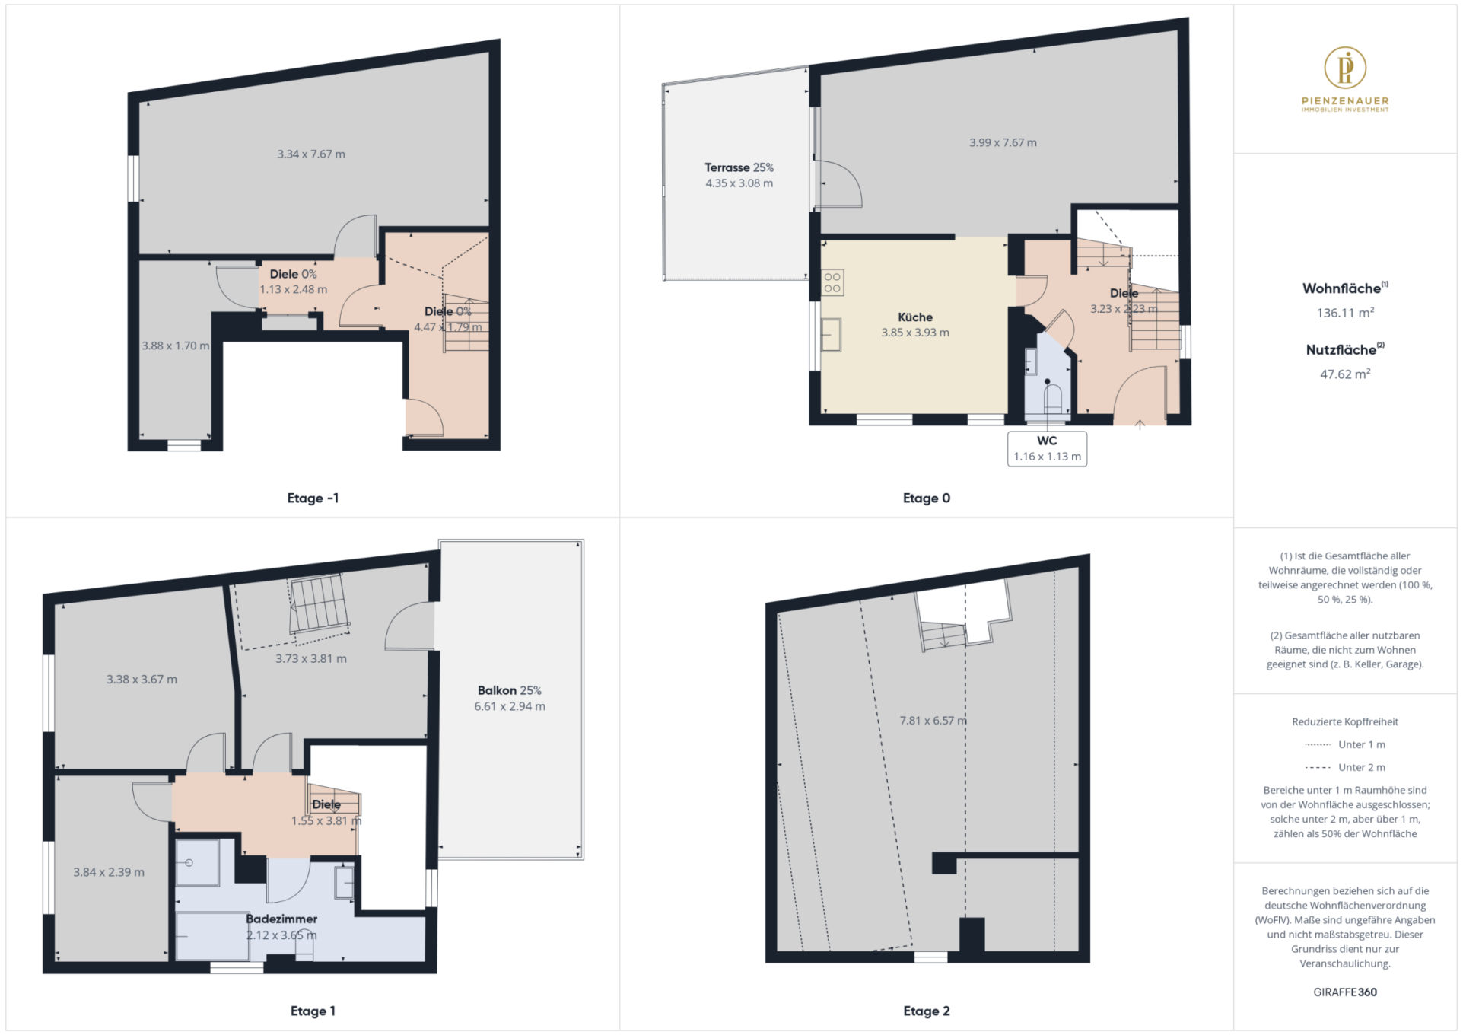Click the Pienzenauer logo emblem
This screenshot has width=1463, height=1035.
point(1344,67)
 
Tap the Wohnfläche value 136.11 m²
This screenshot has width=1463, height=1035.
point(1345,313)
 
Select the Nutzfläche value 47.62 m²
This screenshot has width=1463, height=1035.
point(1345,374)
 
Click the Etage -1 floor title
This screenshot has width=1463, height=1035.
point(313,498)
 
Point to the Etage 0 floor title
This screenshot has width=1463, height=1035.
point(926,498)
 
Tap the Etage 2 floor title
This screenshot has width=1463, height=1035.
point(926,1011)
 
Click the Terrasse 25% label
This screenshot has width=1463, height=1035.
point(739,167)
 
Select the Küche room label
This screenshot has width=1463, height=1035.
point(914,317)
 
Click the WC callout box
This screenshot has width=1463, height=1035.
point(1047,448)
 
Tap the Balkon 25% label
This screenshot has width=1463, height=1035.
point(509,690)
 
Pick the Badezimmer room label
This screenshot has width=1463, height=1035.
point(281,919)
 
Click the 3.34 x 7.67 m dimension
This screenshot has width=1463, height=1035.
point(310,154)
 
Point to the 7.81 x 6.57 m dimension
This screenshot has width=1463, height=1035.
point(933,720)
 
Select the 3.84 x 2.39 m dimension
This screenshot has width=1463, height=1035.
point(109,872)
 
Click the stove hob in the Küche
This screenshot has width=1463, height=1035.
point(832,283)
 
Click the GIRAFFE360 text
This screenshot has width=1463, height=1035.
point(1344,992)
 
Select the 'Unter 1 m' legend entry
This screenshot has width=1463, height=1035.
point(1345,744)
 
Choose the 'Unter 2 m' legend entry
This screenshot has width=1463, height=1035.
point(1345,767)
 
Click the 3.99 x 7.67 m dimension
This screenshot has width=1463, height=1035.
point(1003,142)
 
